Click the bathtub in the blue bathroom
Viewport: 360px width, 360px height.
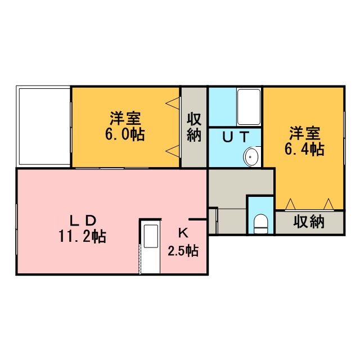[249, 107]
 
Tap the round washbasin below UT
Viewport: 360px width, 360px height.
[251, 157]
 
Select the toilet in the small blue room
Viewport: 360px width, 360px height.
[261, 224]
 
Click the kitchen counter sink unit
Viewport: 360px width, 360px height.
[151, 247]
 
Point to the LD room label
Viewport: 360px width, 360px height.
[83, 221]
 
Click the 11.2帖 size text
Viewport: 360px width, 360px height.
[83, 236]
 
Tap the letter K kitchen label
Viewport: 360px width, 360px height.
[183, 234]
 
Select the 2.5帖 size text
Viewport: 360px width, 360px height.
[183, 251]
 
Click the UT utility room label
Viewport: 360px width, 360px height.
[236, 137]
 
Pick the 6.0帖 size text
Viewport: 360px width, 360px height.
[125, 134]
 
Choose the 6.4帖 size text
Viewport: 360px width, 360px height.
[304, 149]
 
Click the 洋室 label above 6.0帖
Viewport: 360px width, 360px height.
[125, 119]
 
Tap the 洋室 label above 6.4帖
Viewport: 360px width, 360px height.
[305, 133]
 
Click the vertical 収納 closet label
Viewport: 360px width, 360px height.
[194, 127]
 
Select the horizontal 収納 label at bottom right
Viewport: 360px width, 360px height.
[309, 222]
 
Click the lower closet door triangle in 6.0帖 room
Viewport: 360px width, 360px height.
[172, 151]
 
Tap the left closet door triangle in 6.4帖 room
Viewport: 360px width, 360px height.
[290, 204]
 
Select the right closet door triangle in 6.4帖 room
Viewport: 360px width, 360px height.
[328, 204]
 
